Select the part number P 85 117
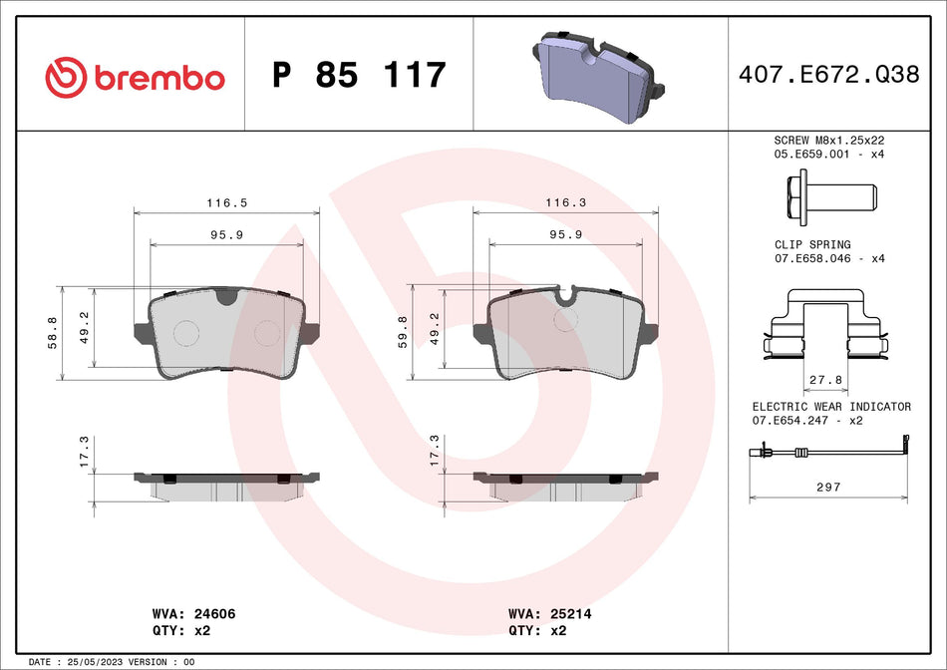click(358, 76)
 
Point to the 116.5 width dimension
click(226, 202)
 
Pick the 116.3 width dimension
click(565, 202)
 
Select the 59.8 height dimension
click(403, 330)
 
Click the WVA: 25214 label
click(549, 615)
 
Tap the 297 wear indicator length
click(829, 487)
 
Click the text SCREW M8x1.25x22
click(829, 141)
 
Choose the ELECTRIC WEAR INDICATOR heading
click(830, 407)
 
